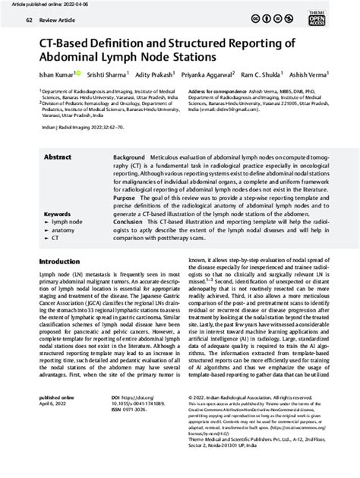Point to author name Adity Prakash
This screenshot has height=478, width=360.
click(x=154, y=76)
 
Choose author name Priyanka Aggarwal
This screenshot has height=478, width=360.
click(x=208, y=76)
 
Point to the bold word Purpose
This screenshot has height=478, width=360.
click(x=125, y=197)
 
